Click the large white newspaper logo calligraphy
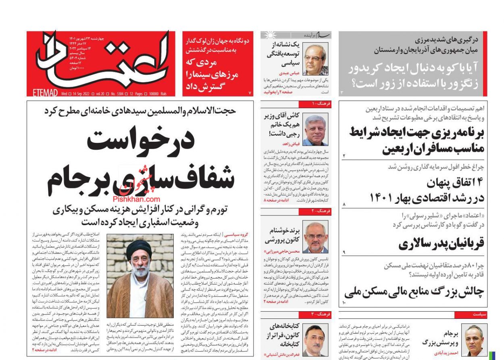pos(103,61)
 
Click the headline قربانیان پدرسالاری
pos(441,244)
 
